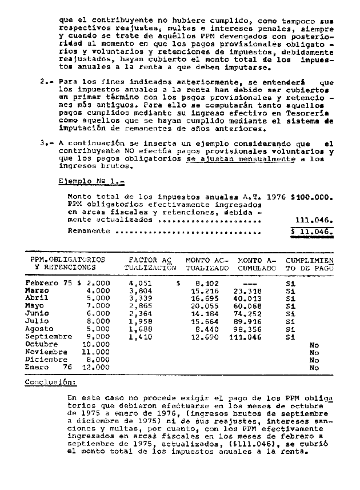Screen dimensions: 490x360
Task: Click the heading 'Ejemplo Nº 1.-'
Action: (91, 181)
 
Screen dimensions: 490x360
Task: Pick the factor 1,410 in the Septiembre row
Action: (140, 337)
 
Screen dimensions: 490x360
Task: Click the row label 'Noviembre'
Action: (46, 352)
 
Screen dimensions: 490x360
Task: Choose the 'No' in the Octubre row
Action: (314, 345)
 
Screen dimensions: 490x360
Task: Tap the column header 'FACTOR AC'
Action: (149, 260)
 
